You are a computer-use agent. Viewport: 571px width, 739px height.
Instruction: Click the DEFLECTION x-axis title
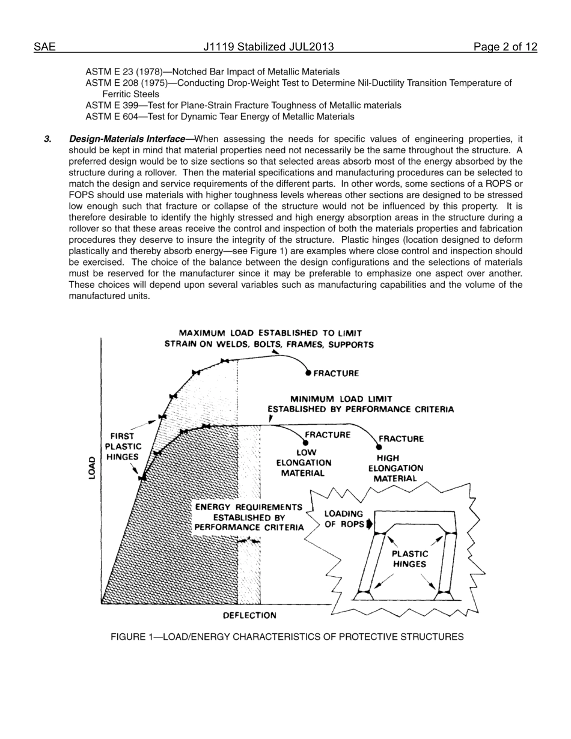click(x=249, y=615)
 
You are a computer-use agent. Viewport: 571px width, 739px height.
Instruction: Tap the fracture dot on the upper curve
click(x=308, y=373)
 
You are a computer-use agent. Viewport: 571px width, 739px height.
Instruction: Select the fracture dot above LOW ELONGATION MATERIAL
click(x=305, y=443)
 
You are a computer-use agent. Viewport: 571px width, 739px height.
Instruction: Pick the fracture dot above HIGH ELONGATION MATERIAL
click(x=379, y=447)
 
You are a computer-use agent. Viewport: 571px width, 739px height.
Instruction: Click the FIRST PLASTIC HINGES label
click(x=123, y=446)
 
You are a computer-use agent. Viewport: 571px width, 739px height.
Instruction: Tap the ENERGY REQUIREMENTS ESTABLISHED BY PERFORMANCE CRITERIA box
click(x=249, y=517)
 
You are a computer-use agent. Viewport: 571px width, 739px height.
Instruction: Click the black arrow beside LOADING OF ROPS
click(x=369, y=524)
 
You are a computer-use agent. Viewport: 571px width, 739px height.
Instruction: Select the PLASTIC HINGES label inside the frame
click(x=410, y=559)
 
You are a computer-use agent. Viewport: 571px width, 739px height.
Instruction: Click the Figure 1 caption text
click(x=287, y=637)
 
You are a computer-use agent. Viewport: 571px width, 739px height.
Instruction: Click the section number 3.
click(x=47, y=139)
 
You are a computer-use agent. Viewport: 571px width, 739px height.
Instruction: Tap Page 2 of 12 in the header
click(x=505, y=47)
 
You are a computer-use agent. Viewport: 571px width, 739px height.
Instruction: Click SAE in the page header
click(x=44, y=47)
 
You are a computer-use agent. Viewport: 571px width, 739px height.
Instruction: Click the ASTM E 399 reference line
click(x=243, y=105)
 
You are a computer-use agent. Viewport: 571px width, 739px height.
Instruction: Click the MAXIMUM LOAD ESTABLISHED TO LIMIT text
click(x=270, y=333)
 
